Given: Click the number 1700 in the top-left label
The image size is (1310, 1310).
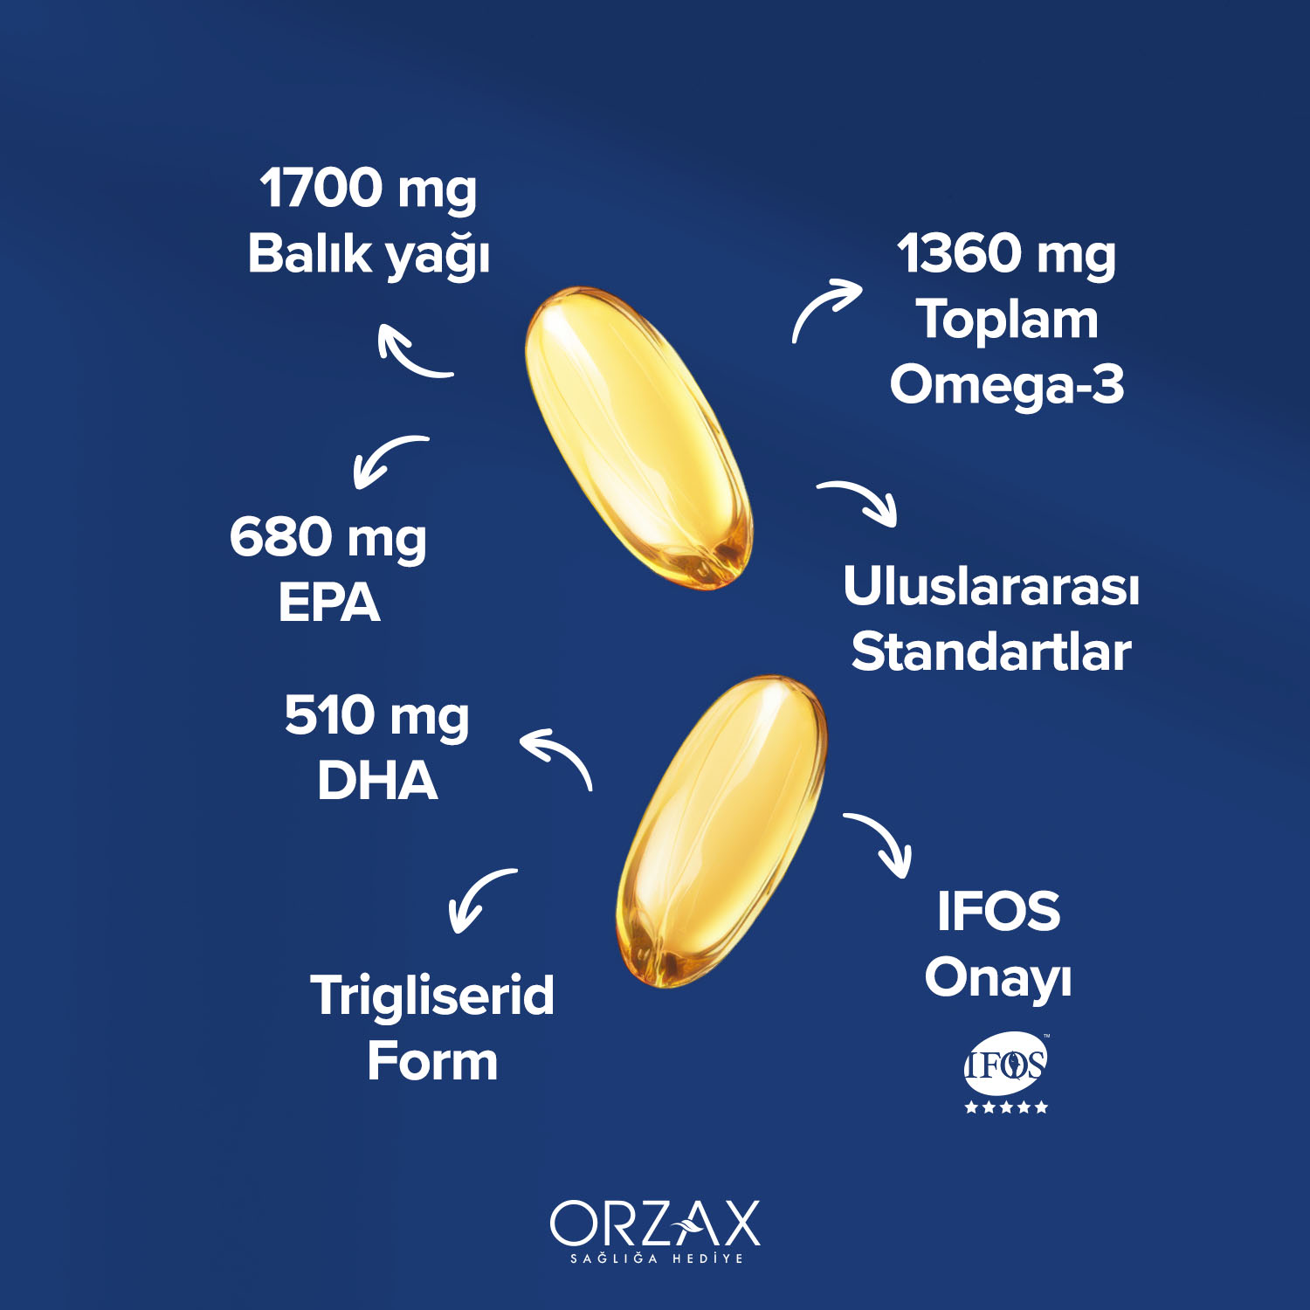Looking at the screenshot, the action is (x=321, y=188).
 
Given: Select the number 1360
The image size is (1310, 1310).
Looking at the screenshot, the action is (x=958, y=253).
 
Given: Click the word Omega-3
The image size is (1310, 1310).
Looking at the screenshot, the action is (x=1007, y=385).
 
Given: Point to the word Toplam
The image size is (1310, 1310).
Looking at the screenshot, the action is (x=1007, y=320).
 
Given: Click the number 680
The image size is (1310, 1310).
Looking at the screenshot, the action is (x=281, y=536).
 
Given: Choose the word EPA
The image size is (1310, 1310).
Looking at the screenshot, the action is (x=329, y=603).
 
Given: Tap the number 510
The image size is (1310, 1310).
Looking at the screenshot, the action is (x=330, y=715).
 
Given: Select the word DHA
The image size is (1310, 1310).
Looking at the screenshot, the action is (x=377, y=781).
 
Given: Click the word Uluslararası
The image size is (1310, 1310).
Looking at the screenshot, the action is (x=991, y=586).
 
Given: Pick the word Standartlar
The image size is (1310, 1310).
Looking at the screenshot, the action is (x=991, y=652).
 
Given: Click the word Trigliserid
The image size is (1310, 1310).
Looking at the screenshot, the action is (x=432, y=996).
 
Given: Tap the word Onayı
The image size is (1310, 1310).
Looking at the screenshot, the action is (x=998, y=978).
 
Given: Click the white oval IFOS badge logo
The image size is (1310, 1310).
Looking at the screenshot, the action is (x=1005, y=1063).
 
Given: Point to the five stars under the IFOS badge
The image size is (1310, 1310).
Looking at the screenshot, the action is (x=1006, y=1107).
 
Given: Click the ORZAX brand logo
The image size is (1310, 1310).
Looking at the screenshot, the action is (x=655, y=1223).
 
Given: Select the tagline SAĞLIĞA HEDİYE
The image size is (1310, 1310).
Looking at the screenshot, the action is (x=657, y=1258).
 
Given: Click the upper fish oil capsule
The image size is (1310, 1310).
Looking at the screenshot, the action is (x=638, y=438).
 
